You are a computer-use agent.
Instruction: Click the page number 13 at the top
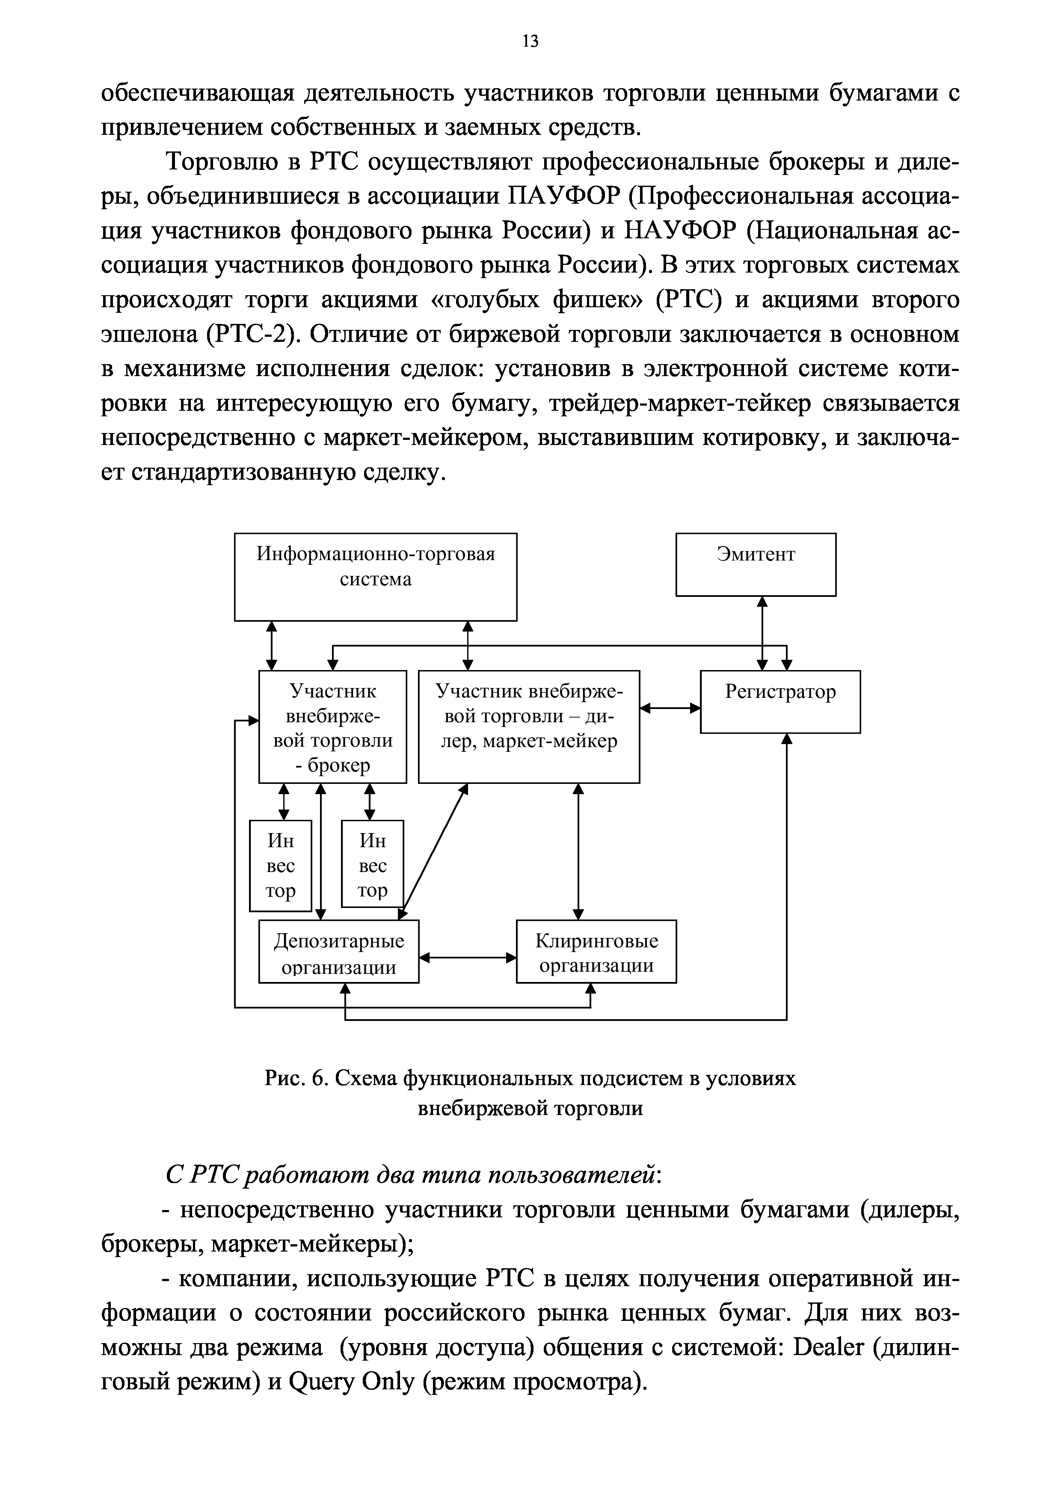530,42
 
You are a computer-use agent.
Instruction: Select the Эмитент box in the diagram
755,564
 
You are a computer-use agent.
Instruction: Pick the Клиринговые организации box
596,953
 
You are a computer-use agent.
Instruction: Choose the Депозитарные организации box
339,953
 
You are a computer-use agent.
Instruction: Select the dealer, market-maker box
528,726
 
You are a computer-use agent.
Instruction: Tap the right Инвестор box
373,863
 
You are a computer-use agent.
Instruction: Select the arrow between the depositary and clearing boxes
468,958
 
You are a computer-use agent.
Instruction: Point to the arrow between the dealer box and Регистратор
670,707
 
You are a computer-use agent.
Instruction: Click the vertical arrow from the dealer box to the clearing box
578,851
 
